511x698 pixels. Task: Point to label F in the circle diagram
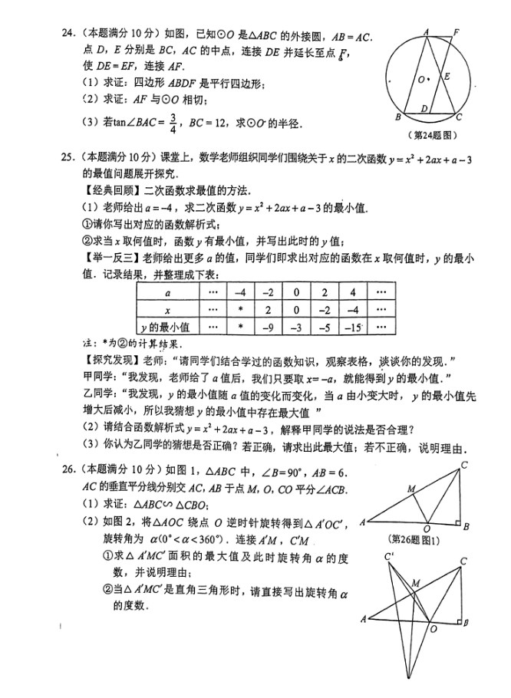pyautogui.click(x=456, y=32)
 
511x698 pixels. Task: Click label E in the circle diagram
pyautogui.click(x=447, y=77)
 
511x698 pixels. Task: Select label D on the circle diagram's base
pyautogui.click(x=424, y=110)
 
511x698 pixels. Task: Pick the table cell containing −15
pyautogui.click(x=352, y=326)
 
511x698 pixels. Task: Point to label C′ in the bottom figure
pyautogui.click(x=390, y=556)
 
